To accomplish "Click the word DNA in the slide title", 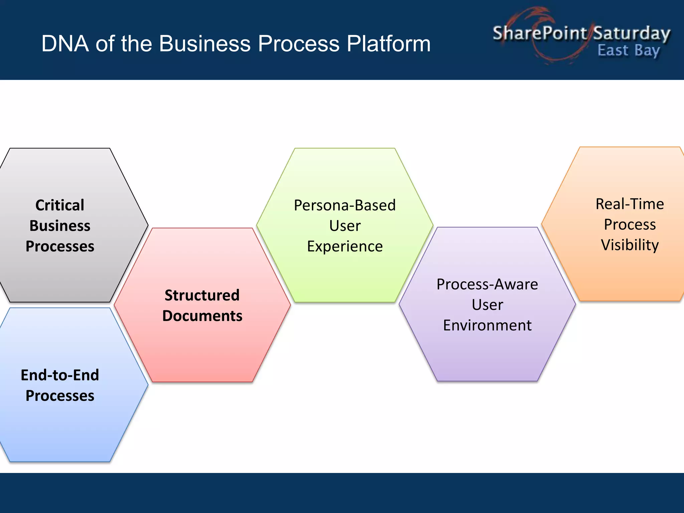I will (x=65, y=44).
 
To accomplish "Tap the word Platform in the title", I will (x=388, y=44).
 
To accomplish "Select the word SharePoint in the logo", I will (x=540, y=33).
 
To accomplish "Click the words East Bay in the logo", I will (x=629, y=51).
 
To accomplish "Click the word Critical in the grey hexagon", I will (x=60, y=205).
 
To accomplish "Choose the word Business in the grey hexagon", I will (x=60, y=226).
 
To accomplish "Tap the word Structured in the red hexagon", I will (x=202, y=295).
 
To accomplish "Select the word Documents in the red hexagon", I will (x=202, y=316).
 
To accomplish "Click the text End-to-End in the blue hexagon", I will (x=60, y=375).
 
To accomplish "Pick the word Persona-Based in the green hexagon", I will (x=345, y=205).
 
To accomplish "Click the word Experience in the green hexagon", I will (x=345, y=246).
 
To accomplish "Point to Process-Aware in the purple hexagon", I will (x=487, y=284).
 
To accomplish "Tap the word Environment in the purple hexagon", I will (x=487, y=325).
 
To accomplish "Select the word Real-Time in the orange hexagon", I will (x=630, y=204).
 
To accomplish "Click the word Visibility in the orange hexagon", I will (x=630, y=245).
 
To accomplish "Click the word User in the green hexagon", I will (x=345, y=226).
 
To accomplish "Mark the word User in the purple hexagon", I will (x=487, y=305).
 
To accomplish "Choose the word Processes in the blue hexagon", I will (x=60, y=396).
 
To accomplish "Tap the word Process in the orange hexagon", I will (x=630, y=224).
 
